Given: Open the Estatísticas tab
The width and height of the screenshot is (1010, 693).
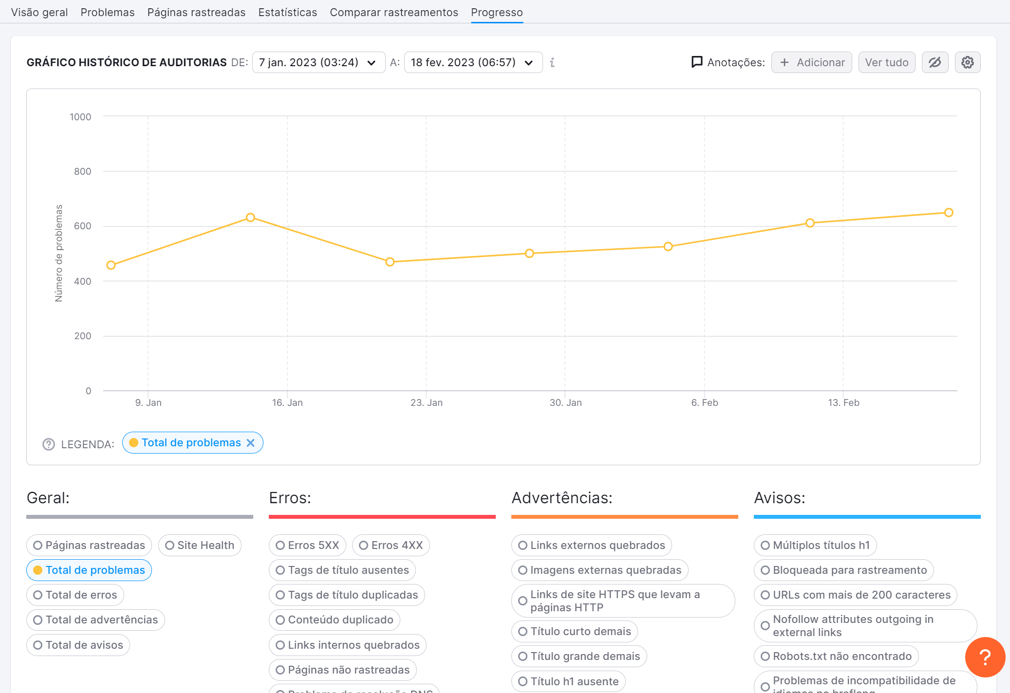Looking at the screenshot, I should tap(287, 12).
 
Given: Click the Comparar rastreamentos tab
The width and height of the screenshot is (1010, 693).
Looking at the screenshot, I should tap(393, 12).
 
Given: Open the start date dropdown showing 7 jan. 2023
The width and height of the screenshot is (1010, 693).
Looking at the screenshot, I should tap(318, 62).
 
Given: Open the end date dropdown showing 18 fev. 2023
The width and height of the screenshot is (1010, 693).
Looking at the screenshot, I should tap(473, 62).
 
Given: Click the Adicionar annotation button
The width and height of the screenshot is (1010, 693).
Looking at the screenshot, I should tap(811, 62).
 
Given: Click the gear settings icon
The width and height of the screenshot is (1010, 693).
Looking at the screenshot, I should tap(967, 62).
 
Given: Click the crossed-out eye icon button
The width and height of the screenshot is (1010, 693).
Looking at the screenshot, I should tap(935, 62).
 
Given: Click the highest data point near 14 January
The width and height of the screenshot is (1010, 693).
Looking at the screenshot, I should tap(250, 218).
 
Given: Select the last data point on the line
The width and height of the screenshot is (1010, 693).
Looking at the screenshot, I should tap(949, 213).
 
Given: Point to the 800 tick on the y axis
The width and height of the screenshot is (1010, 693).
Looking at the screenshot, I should tap(82, 171).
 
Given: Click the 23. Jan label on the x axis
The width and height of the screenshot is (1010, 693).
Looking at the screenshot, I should tap(427, 402).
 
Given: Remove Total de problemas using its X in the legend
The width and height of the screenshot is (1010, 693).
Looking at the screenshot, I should tap(251, 443).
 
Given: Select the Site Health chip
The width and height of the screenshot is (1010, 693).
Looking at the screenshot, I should tap(200, 545).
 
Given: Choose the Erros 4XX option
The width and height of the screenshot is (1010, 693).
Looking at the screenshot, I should tap(391, 545).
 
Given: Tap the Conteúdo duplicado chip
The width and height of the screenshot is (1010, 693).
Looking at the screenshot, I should tap(335, 620).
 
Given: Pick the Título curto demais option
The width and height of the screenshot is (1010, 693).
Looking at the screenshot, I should tap(574, 631).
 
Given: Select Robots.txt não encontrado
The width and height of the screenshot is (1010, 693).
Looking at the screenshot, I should tap(836, 656).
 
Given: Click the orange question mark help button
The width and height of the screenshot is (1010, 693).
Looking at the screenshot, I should tap(985, 657).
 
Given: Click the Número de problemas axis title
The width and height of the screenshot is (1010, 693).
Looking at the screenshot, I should tap(59, 253).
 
